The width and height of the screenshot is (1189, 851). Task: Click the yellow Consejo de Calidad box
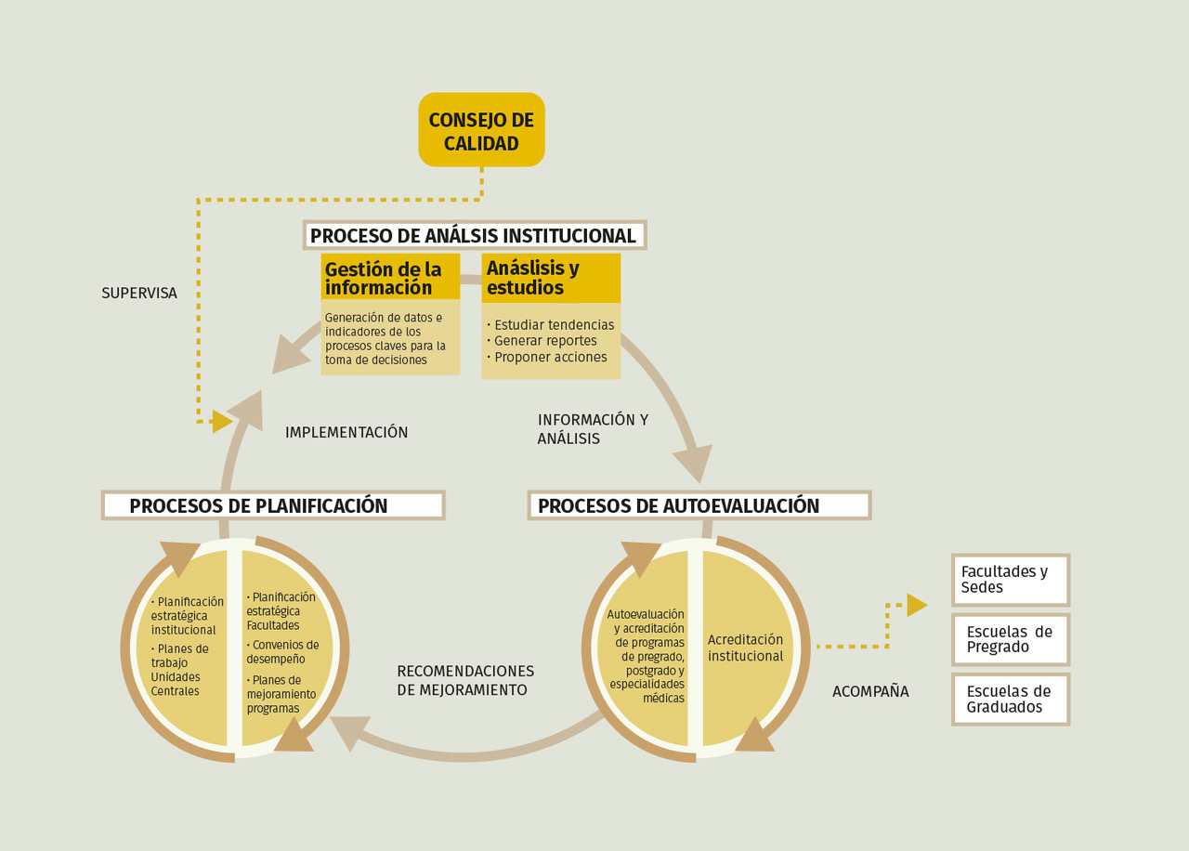click(481, 130)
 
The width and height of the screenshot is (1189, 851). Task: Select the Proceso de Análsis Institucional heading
click(474, 236)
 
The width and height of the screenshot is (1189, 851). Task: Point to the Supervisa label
click(139, 294)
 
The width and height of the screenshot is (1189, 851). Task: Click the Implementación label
click(346, 432)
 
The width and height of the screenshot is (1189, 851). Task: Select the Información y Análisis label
click(592, 429)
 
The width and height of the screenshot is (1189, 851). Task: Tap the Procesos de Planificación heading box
click(273, 505)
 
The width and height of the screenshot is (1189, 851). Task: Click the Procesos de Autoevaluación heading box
click(699, 505)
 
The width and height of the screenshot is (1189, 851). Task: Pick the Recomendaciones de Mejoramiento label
click(465, 680)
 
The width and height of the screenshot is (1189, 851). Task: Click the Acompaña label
click(870, 691)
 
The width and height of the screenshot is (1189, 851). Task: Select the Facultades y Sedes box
click(1011, 580)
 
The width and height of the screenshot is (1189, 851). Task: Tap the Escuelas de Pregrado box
click(1011, 639)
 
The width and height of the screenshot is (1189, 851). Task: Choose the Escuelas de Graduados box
click(1011, 699)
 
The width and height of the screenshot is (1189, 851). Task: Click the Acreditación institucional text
click(745, 648)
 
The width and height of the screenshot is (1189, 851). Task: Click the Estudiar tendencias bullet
click(554, 325)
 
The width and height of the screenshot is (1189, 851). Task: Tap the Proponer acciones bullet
click(550, 357)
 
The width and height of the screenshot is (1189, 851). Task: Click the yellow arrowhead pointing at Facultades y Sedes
click(917, 605)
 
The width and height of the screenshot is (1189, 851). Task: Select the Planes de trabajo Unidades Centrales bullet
click(181, 670)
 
